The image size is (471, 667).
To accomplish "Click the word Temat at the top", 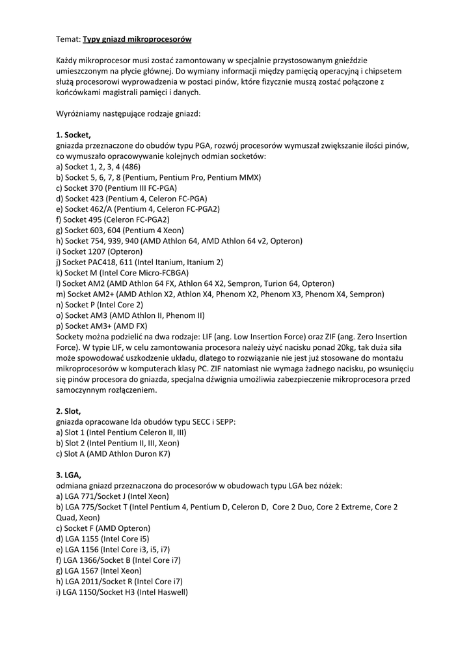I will tap(67, 39).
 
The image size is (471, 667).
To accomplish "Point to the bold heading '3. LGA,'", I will tap(68, 475).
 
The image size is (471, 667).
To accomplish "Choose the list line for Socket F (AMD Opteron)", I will tap(103, 528).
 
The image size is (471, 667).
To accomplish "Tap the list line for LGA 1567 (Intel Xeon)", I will tap(99, 571).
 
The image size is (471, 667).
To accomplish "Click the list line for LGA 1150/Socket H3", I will tap(122, 592).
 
